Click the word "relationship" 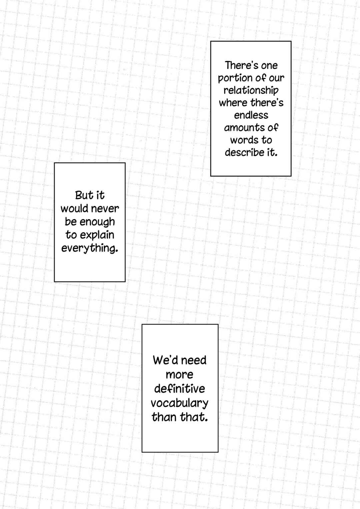[x=251, y=91]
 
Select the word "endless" [x=251, y=115]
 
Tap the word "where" [x=233, y=103]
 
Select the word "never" [x=106, y=209]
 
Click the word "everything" [x=90, y=249]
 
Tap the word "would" [x=75, y=209]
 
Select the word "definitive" [x=179, y=388]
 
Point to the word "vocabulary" [x=179, y=403]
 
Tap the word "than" [x=164, y=417]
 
